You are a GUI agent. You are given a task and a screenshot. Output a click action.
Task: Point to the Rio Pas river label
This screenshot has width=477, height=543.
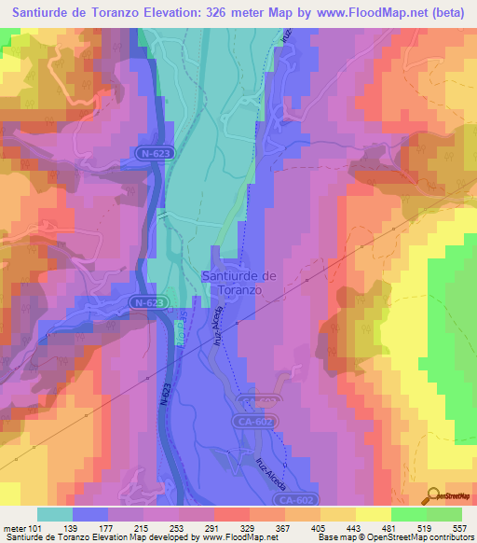(179, 332)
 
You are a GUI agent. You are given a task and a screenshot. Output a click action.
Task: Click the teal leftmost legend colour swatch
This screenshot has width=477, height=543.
(55, 514)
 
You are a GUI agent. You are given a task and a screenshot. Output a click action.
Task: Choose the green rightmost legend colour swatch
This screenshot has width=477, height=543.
(444, 514)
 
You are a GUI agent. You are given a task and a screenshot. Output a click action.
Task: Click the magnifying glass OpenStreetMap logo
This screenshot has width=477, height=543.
(431, 496)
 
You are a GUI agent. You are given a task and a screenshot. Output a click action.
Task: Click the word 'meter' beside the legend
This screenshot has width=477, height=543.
(18, 528)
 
